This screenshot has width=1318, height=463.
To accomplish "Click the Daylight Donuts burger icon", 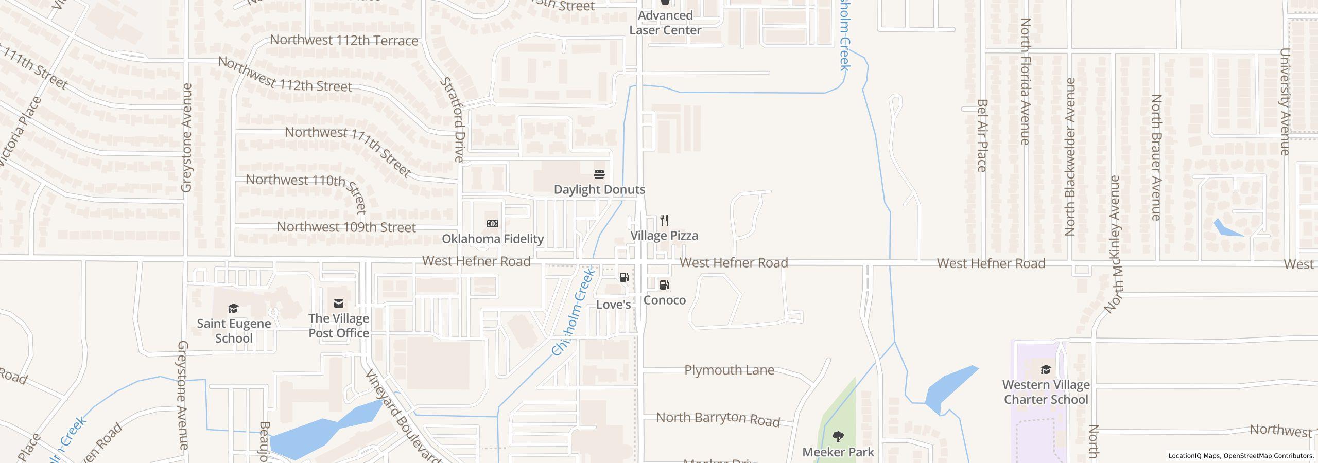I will coord(599,174).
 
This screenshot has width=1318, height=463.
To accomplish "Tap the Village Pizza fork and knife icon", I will coord(664,221).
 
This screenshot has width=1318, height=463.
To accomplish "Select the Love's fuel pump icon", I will coord(624,277).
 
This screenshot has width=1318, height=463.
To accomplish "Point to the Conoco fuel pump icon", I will coord(664,285).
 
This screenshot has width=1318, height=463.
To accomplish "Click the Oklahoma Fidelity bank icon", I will coord(493,224).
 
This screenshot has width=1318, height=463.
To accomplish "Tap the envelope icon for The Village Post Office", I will coord(339,304).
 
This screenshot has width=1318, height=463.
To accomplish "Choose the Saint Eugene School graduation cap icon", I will coord(234,308).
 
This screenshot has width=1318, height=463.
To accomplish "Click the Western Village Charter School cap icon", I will coord(1046,370).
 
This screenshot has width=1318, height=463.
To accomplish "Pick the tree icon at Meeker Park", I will coord(838,437).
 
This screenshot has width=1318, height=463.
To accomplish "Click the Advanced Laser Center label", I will coord(665,23).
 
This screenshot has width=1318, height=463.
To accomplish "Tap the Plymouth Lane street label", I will coord(729,370).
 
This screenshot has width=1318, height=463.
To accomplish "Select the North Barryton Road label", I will coord(718,418).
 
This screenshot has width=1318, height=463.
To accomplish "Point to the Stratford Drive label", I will coord(453,120).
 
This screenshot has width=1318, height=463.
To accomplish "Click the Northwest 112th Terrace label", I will coord(344,40).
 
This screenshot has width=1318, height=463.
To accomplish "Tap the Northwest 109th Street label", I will coord(346,227).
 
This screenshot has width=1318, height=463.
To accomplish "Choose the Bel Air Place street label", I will coord(982,135).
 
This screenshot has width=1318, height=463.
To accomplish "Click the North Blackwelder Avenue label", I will coord(1070,157).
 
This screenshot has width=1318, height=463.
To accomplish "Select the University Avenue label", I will coord(1285,101).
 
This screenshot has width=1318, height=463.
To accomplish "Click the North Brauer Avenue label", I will coord(1156,157).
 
